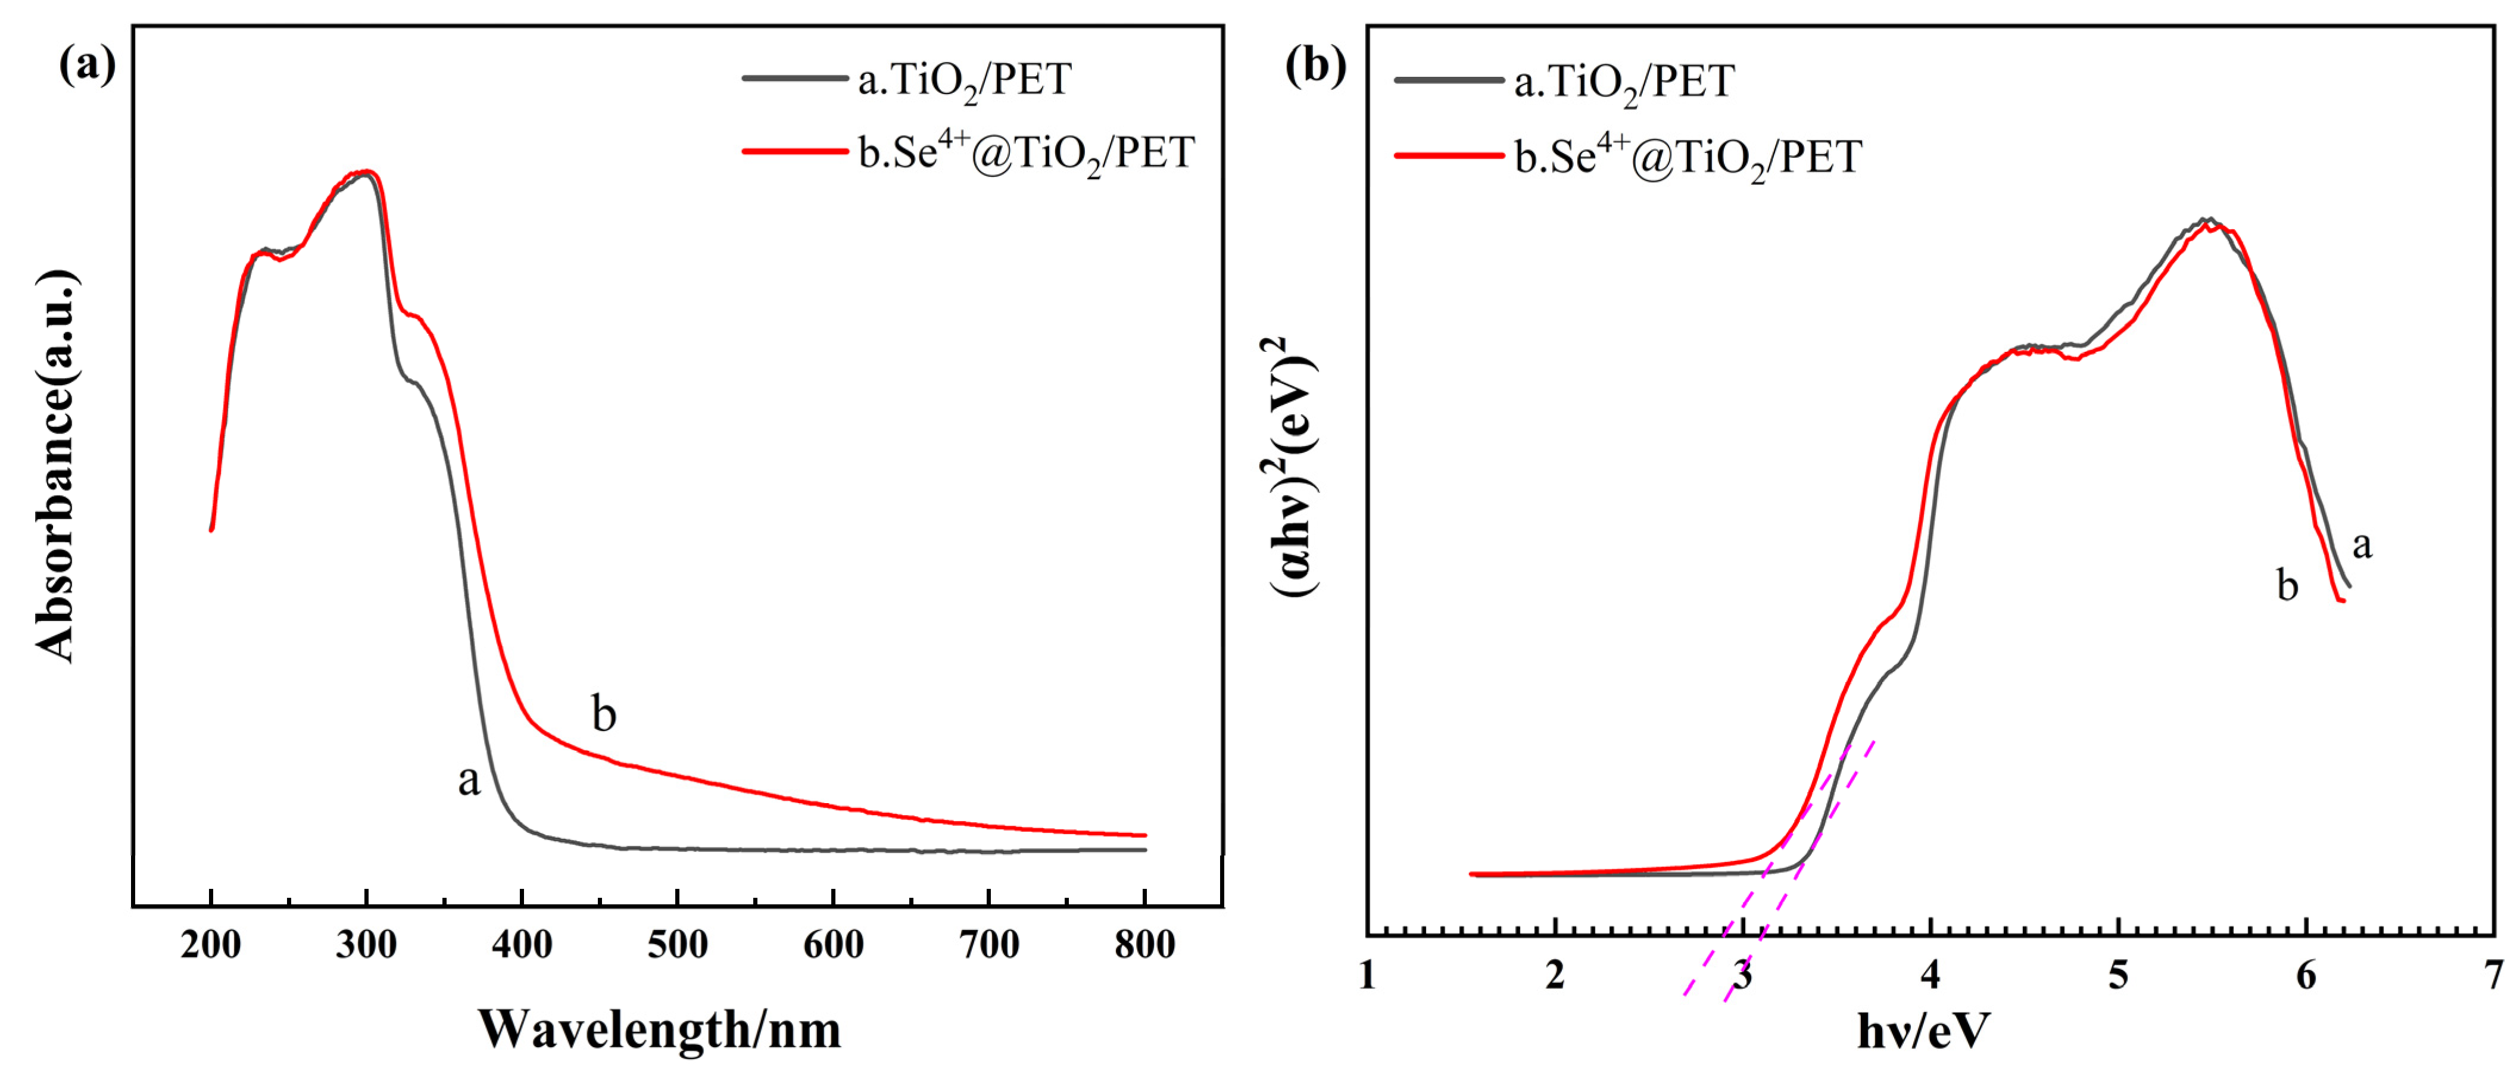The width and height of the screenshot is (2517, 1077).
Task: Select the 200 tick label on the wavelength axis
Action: click(211, 944)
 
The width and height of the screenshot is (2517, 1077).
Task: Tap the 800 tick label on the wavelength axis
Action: click(1144, 944)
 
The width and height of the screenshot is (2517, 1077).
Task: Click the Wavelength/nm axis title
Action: click(660, 1030)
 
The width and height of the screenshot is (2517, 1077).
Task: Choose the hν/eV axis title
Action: click(1923, 1030)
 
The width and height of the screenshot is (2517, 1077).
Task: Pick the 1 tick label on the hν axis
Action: click(1367, 975)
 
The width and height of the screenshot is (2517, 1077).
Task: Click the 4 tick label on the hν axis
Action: click(1930, 975)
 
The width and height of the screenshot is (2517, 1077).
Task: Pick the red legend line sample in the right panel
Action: click(1448, 154)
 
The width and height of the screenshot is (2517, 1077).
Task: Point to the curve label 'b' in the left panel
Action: click(604, 714)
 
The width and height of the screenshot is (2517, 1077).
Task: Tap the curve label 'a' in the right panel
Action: click(2362, 544)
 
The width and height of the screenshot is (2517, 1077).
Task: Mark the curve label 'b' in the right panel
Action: click(2287, 585)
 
